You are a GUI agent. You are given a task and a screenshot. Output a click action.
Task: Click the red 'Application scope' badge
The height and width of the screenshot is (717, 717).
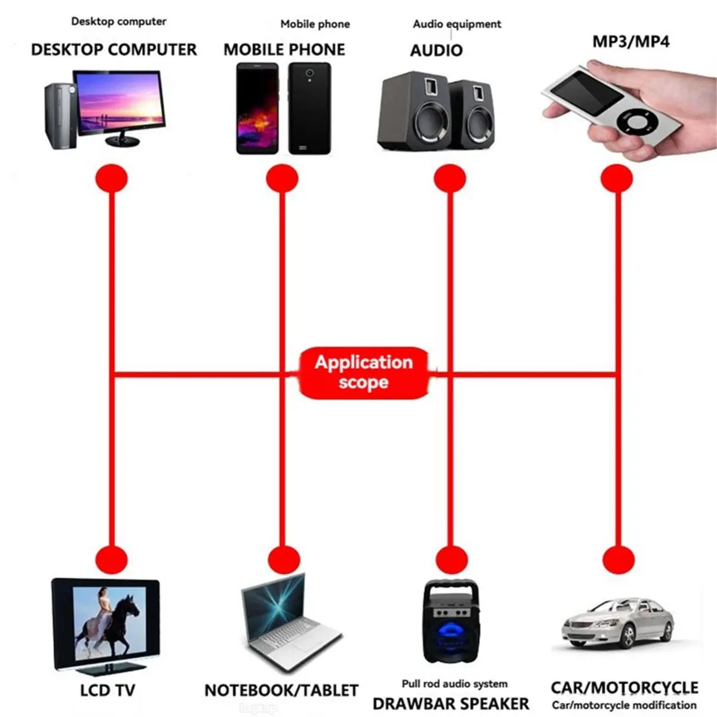(363, 373)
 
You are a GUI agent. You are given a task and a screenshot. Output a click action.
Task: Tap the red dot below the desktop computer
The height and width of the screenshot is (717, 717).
(112, 179)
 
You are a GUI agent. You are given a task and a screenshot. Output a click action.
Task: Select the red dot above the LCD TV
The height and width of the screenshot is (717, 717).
(112, 560)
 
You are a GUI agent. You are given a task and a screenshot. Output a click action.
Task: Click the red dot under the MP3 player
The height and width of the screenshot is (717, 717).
(617, 179)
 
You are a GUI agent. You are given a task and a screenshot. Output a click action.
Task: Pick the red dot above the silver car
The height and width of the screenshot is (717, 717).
(618, 560)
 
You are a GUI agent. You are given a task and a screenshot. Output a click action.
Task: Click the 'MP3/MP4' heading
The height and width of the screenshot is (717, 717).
(631, 41)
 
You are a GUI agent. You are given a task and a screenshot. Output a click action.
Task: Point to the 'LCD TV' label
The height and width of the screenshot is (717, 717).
(108, 690)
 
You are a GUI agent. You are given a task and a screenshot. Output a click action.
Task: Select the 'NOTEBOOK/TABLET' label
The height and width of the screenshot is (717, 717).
(281, 690)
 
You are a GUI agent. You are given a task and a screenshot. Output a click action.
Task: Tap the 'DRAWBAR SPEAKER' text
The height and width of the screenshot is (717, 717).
(451, 703)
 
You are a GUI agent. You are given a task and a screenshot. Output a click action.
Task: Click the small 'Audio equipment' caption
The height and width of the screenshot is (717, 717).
(457, 24)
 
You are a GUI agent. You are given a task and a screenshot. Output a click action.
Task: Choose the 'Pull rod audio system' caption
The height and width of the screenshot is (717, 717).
(455, 684)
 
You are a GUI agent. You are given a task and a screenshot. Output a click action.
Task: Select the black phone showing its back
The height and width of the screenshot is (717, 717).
(310, 108)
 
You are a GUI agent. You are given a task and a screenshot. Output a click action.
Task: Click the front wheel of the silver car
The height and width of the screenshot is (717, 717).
(628, 636)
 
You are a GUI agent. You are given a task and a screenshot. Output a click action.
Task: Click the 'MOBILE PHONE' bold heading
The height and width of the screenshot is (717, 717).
(284, 50)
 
